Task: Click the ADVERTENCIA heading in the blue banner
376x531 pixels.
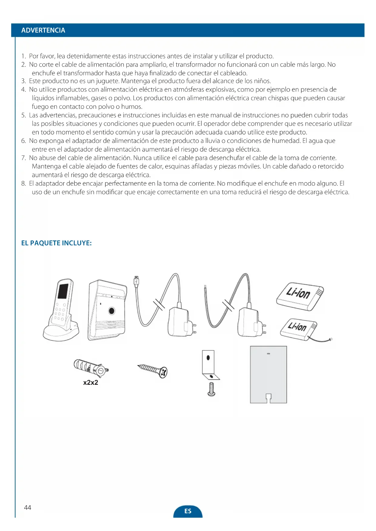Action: point(43,30)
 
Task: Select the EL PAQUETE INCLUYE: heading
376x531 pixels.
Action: point(56,243)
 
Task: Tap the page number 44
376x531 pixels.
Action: point(28,507)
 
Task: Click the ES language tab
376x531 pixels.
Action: point(188,511)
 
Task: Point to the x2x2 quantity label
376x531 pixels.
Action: point(91,383)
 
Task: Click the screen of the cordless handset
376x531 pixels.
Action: point(63,291)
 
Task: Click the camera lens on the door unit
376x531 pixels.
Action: point(112,311)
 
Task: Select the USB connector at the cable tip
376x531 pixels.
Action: point(136,281)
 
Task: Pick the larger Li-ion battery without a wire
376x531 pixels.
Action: point(300,296)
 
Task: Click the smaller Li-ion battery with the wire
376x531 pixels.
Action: point(298,329)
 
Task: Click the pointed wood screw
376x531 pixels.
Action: point(153,370)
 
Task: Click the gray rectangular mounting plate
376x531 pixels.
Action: point(268,374)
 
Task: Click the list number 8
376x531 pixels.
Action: point(23,183)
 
